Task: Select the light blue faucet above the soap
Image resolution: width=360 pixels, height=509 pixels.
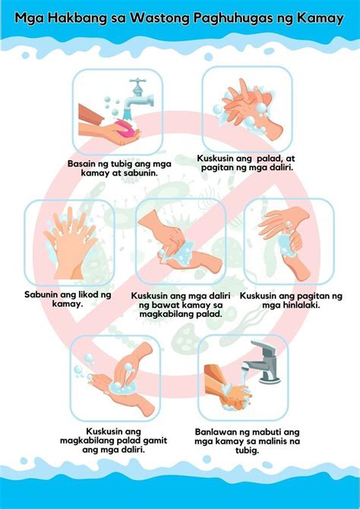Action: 138,95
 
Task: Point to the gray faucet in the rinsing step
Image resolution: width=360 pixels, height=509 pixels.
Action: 264,360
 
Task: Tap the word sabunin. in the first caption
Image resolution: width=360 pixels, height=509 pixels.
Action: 141,172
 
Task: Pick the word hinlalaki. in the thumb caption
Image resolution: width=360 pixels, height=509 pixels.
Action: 300,305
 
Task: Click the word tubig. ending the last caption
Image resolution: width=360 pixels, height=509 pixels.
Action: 247,451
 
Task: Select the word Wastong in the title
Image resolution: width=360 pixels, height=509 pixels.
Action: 159,19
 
